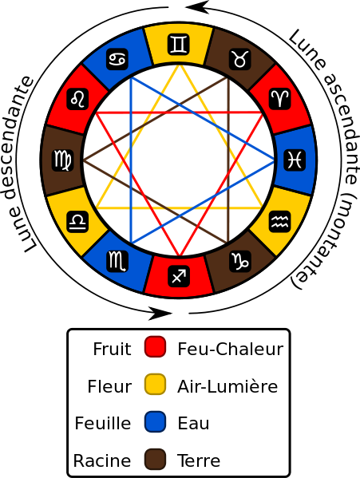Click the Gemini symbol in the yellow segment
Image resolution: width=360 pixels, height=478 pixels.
click(179, 45)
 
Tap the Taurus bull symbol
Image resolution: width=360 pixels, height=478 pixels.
click(240, 59)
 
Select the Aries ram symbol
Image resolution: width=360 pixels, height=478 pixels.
click(280, 99)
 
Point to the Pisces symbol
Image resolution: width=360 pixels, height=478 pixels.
click(295, 160)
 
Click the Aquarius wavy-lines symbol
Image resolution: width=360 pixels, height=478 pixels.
click(280, 222)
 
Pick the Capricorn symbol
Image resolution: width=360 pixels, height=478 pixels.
click(240, 261)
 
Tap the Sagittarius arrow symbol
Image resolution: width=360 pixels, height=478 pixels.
click(179, 276)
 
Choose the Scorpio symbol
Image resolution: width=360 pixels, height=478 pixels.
click(117, 261)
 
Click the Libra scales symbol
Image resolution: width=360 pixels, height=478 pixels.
click(77, 222)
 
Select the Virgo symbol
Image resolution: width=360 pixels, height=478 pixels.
click(63, 160)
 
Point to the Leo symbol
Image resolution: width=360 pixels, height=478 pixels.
click(77, 99)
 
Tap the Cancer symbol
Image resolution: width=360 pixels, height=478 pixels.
click(117, 59)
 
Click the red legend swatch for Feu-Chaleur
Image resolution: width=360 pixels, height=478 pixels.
click(155, 346)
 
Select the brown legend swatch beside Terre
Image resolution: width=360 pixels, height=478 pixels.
click(155, 459)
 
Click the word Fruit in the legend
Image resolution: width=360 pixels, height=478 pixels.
click(112, 349)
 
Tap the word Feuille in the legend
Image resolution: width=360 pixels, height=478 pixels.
click(103, 423)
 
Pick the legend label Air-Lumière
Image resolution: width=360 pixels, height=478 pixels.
click(227, 386)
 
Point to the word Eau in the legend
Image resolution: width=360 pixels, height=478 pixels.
click(193, 423)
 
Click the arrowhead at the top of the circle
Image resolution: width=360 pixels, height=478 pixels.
click(196, 7)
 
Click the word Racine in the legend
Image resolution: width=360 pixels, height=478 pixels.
click(102, 460)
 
